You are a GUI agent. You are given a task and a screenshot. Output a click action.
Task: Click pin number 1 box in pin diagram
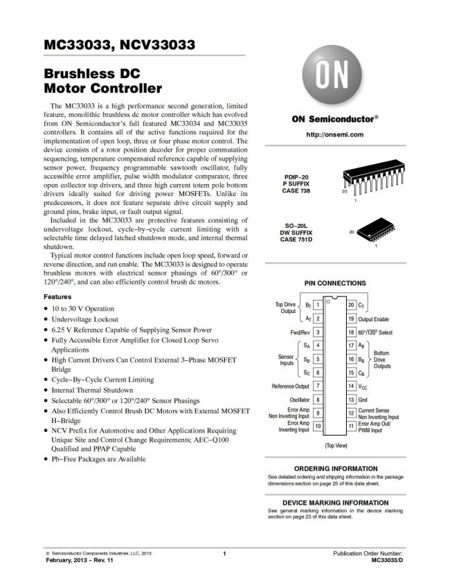click(x=317, y=305)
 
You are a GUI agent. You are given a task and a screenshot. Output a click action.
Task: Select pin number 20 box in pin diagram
click(x=351, y=305)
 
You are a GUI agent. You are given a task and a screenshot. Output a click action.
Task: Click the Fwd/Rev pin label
click(x=300, y=332)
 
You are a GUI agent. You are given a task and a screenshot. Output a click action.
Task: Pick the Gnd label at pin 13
click(x=363, y=400)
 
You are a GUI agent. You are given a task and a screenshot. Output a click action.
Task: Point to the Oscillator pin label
click(x=299, y=400)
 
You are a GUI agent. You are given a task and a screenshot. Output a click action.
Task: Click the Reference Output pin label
click(x=291, y=386)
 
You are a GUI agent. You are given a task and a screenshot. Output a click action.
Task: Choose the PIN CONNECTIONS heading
click(x=335, y=283)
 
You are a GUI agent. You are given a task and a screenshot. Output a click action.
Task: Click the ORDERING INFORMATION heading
click(x=335, y=469)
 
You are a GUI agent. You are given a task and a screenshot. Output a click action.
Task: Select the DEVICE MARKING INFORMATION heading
click(x=335, y=503)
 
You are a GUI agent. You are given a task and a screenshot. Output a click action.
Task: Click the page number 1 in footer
click(x=224, y=554)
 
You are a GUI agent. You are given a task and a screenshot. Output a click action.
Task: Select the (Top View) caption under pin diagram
click(x=335, y=447)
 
